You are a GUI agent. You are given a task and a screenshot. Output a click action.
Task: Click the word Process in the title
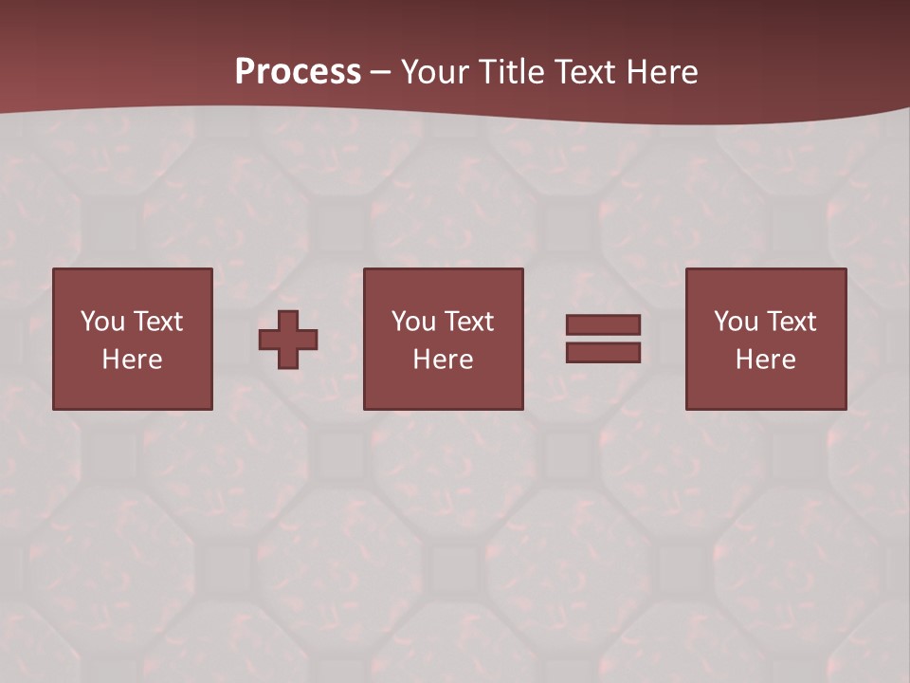tap(298, 72)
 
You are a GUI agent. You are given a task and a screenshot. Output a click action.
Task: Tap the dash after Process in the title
tap(381, 72)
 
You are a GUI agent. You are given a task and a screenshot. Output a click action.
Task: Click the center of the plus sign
tap(288, 339)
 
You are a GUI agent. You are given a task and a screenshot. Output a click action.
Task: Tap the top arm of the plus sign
tap(288, 320)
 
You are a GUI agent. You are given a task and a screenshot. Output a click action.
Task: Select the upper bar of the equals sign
tap(603, 324)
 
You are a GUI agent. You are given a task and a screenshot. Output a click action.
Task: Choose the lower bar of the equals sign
tap(603, 352)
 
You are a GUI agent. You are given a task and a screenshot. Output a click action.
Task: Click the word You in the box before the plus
tap(102, 322)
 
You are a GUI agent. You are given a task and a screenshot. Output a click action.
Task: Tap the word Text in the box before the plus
tap(157, 322)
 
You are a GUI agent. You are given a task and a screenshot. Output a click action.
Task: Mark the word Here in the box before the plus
tap(132, 360)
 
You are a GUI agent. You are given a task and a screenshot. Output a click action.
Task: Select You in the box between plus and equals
tap(413, 322)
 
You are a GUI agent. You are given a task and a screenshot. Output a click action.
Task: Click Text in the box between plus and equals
tap(468, 322)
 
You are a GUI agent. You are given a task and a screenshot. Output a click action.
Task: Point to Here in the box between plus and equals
tap(443, 360)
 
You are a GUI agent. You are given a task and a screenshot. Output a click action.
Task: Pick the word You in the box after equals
tap(736, 322)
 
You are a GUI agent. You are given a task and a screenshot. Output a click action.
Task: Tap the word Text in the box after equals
tap(791, 322)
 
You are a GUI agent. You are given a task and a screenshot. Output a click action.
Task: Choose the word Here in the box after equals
tap(765, 360)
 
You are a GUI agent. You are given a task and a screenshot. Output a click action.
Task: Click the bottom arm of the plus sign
tap(288, 359)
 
